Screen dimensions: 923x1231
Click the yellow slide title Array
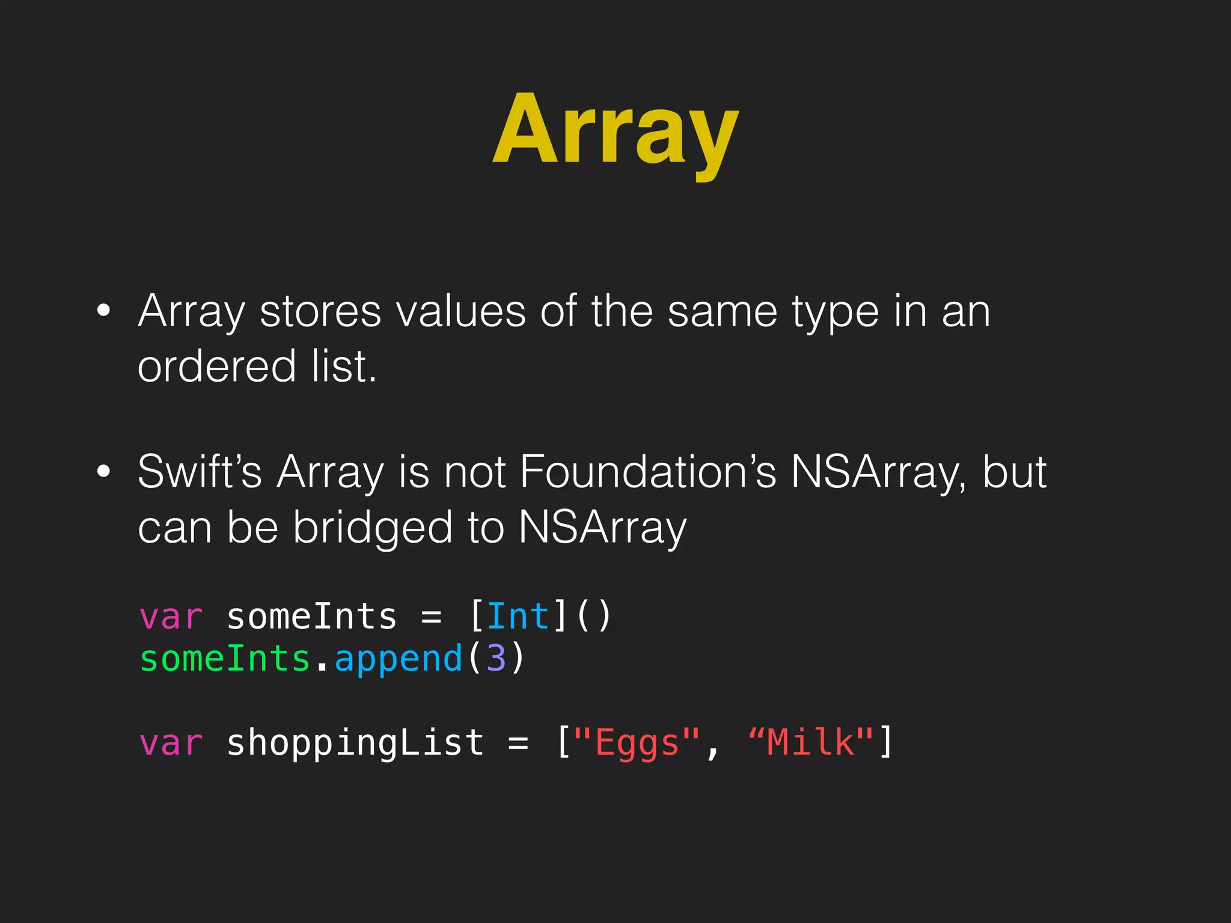615,129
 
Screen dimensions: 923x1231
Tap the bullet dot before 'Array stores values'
103,311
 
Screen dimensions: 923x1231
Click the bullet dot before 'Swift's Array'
103,472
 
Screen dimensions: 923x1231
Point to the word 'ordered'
217,366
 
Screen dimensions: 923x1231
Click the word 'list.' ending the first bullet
344,366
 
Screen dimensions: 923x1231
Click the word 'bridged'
372,527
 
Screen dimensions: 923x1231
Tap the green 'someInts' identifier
225,659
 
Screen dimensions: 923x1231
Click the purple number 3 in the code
496,659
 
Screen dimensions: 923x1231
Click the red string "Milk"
811,742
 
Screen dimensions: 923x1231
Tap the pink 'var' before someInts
171,617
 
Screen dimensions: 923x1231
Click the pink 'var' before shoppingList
171,743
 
